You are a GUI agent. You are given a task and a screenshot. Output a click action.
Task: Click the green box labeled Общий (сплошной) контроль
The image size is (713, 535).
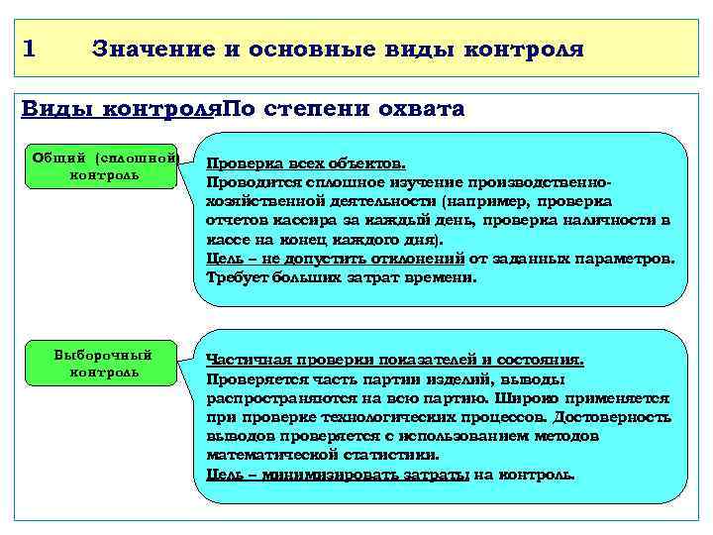(105, 165)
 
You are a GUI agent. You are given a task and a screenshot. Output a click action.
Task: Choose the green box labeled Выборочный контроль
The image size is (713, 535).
(105, 363)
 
